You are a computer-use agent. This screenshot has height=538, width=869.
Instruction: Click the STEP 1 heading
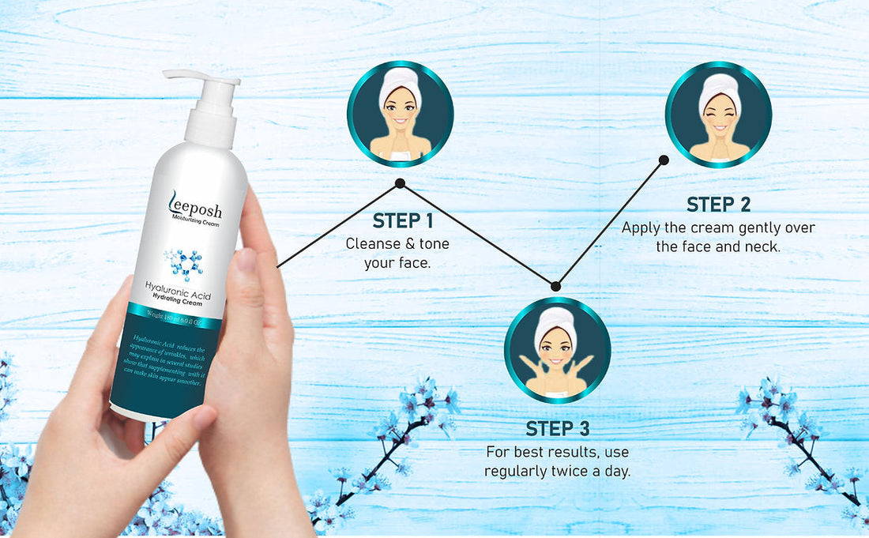click(403, 221)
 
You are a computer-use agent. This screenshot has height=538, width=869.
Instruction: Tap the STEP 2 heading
click(718, 205)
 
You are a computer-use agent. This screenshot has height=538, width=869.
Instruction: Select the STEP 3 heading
click(558, 429)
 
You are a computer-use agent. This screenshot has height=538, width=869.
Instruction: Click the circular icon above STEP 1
click(401, 114)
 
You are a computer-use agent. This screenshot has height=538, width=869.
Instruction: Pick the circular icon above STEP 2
click(718, 115)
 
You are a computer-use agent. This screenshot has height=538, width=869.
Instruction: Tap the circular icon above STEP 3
click(558, 350)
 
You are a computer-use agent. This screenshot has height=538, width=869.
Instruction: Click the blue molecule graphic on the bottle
click(183, 264)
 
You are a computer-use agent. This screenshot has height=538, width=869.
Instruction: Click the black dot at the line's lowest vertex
click(555, 286)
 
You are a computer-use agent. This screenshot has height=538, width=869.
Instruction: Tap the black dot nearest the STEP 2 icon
click(664, 160)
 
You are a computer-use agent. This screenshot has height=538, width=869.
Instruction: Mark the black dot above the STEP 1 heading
click(400, 183)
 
